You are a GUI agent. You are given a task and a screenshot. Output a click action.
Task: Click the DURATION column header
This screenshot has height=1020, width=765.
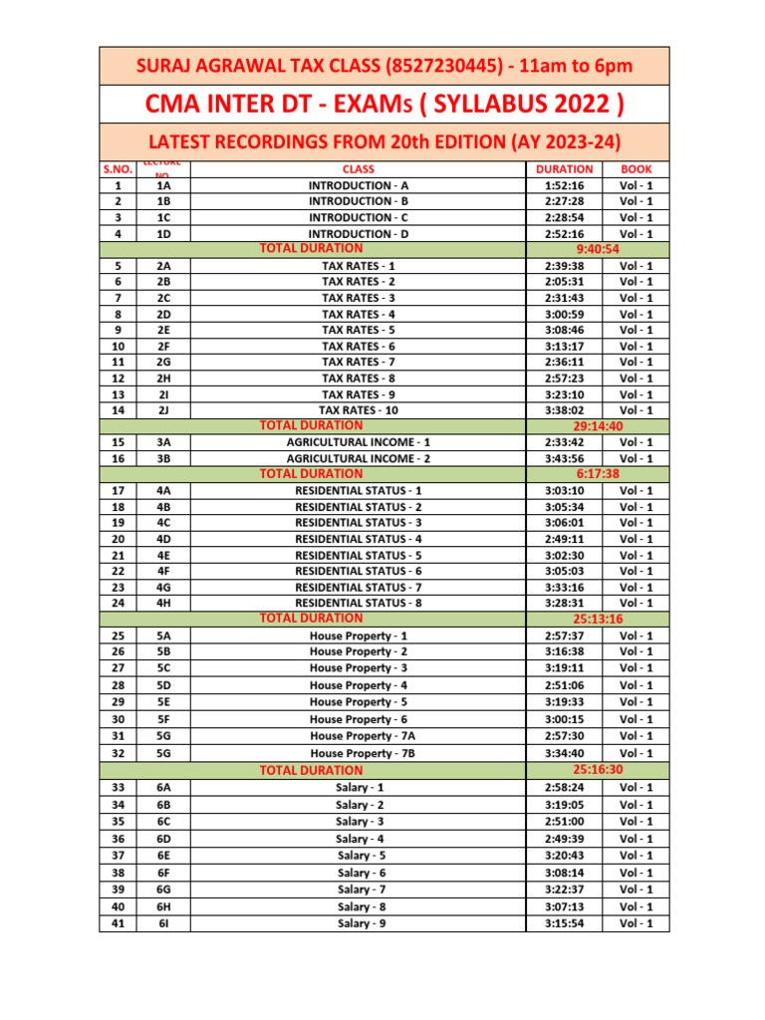coord(564,169)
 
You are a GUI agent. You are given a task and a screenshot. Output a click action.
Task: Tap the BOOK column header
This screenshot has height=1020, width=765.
coord(637,169)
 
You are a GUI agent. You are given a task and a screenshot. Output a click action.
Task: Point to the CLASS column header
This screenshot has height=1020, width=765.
coord(358,169)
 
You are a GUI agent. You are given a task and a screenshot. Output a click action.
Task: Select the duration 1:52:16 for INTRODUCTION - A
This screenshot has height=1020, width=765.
coord(564,185)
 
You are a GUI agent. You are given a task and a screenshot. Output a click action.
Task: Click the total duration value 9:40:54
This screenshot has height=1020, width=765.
coord(597,249)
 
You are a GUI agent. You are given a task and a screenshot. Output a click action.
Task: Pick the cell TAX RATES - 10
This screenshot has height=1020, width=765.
coord(358,409)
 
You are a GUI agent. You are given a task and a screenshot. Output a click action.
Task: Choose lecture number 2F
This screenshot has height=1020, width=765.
coord(163,346)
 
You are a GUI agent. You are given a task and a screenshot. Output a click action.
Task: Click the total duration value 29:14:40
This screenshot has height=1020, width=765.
coord(597,425)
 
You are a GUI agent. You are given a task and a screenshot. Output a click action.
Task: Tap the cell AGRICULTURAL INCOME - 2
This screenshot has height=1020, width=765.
coord(358,458)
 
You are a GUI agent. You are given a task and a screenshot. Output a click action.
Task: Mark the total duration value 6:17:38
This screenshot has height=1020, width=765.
coord(597,474)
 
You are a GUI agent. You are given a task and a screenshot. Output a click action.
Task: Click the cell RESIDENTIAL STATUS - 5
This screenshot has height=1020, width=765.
coord(358,555)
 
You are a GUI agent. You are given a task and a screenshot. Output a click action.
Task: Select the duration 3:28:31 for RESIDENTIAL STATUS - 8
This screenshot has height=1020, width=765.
coord(564,603)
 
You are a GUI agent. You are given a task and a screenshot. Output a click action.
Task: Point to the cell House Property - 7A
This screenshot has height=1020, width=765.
coord(358,736)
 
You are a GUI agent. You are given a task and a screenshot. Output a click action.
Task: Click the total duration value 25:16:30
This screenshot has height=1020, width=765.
coord(597,770)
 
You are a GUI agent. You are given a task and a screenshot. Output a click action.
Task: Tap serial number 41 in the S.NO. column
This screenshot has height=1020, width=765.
coord(119,923)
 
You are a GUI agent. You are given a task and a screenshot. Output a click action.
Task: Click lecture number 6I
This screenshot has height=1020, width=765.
coord(163,923)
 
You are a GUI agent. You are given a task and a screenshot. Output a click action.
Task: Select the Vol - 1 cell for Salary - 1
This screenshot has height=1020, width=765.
coord(637,787)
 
